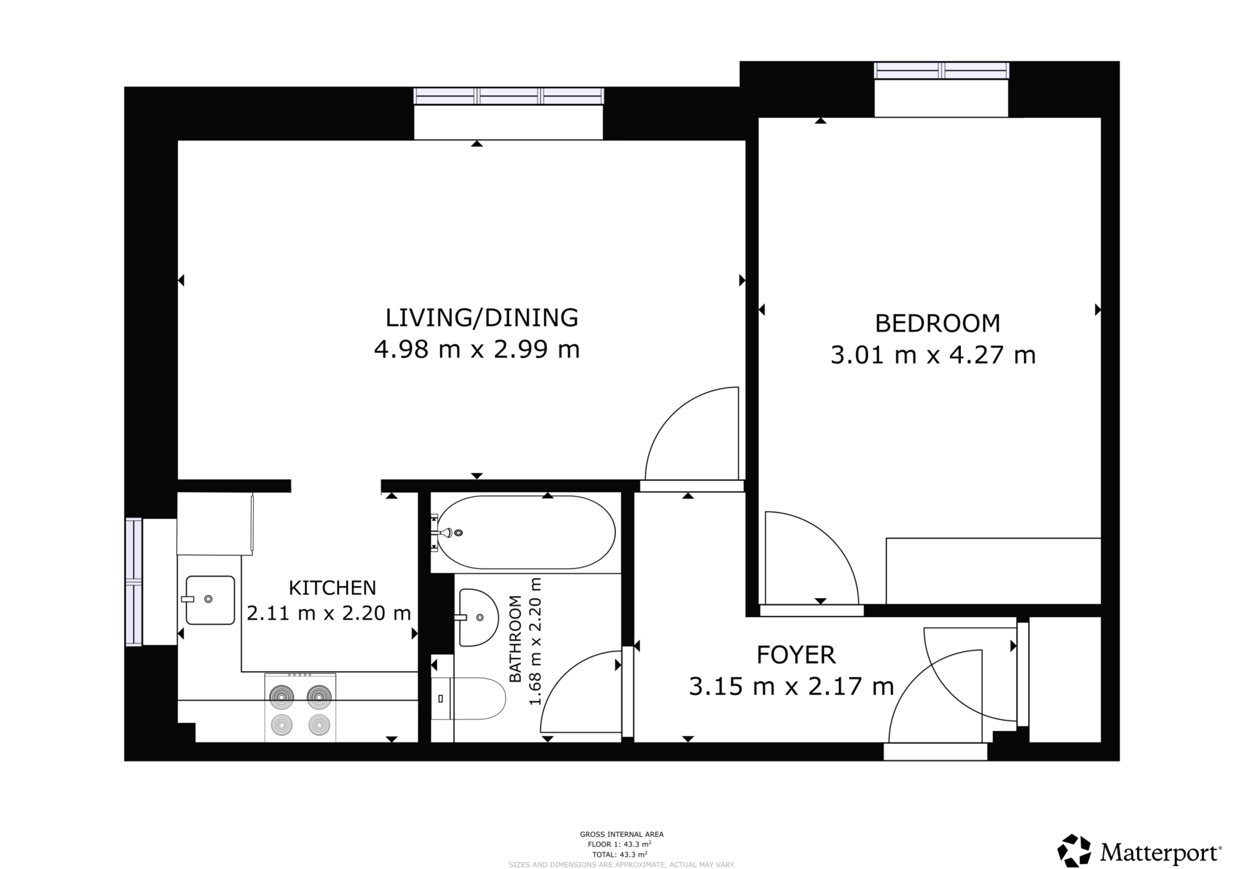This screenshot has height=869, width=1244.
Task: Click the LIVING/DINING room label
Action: (482, 318)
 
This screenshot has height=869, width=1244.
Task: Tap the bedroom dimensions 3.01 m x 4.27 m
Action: (932, 355)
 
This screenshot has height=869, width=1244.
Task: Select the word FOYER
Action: (796, 655)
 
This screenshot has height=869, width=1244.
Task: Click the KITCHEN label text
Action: (332, 588)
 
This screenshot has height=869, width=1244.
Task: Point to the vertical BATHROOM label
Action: (515, 639)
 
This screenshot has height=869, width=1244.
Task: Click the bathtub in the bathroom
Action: (526, 533)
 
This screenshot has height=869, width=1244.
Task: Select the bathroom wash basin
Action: (477, 617)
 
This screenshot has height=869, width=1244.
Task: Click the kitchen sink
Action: (210, 600)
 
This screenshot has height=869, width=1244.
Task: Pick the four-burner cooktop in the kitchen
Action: (300, 707)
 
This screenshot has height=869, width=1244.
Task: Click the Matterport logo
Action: (1139, 853)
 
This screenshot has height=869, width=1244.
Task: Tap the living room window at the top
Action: (508, 97)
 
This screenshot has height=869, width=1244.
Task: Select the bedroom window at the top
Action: (941, 71)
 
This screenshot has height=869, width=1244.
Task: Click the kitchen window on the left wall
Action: (134, 581)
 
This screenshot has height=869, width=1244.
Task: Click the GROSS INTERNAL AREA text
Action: (621, 834)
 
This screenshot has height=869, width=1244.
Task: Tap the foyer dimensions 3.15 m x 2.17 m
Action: (791, 687)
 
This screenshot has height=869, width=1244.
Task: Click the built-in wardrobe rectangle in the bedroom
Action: (993, 571)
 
